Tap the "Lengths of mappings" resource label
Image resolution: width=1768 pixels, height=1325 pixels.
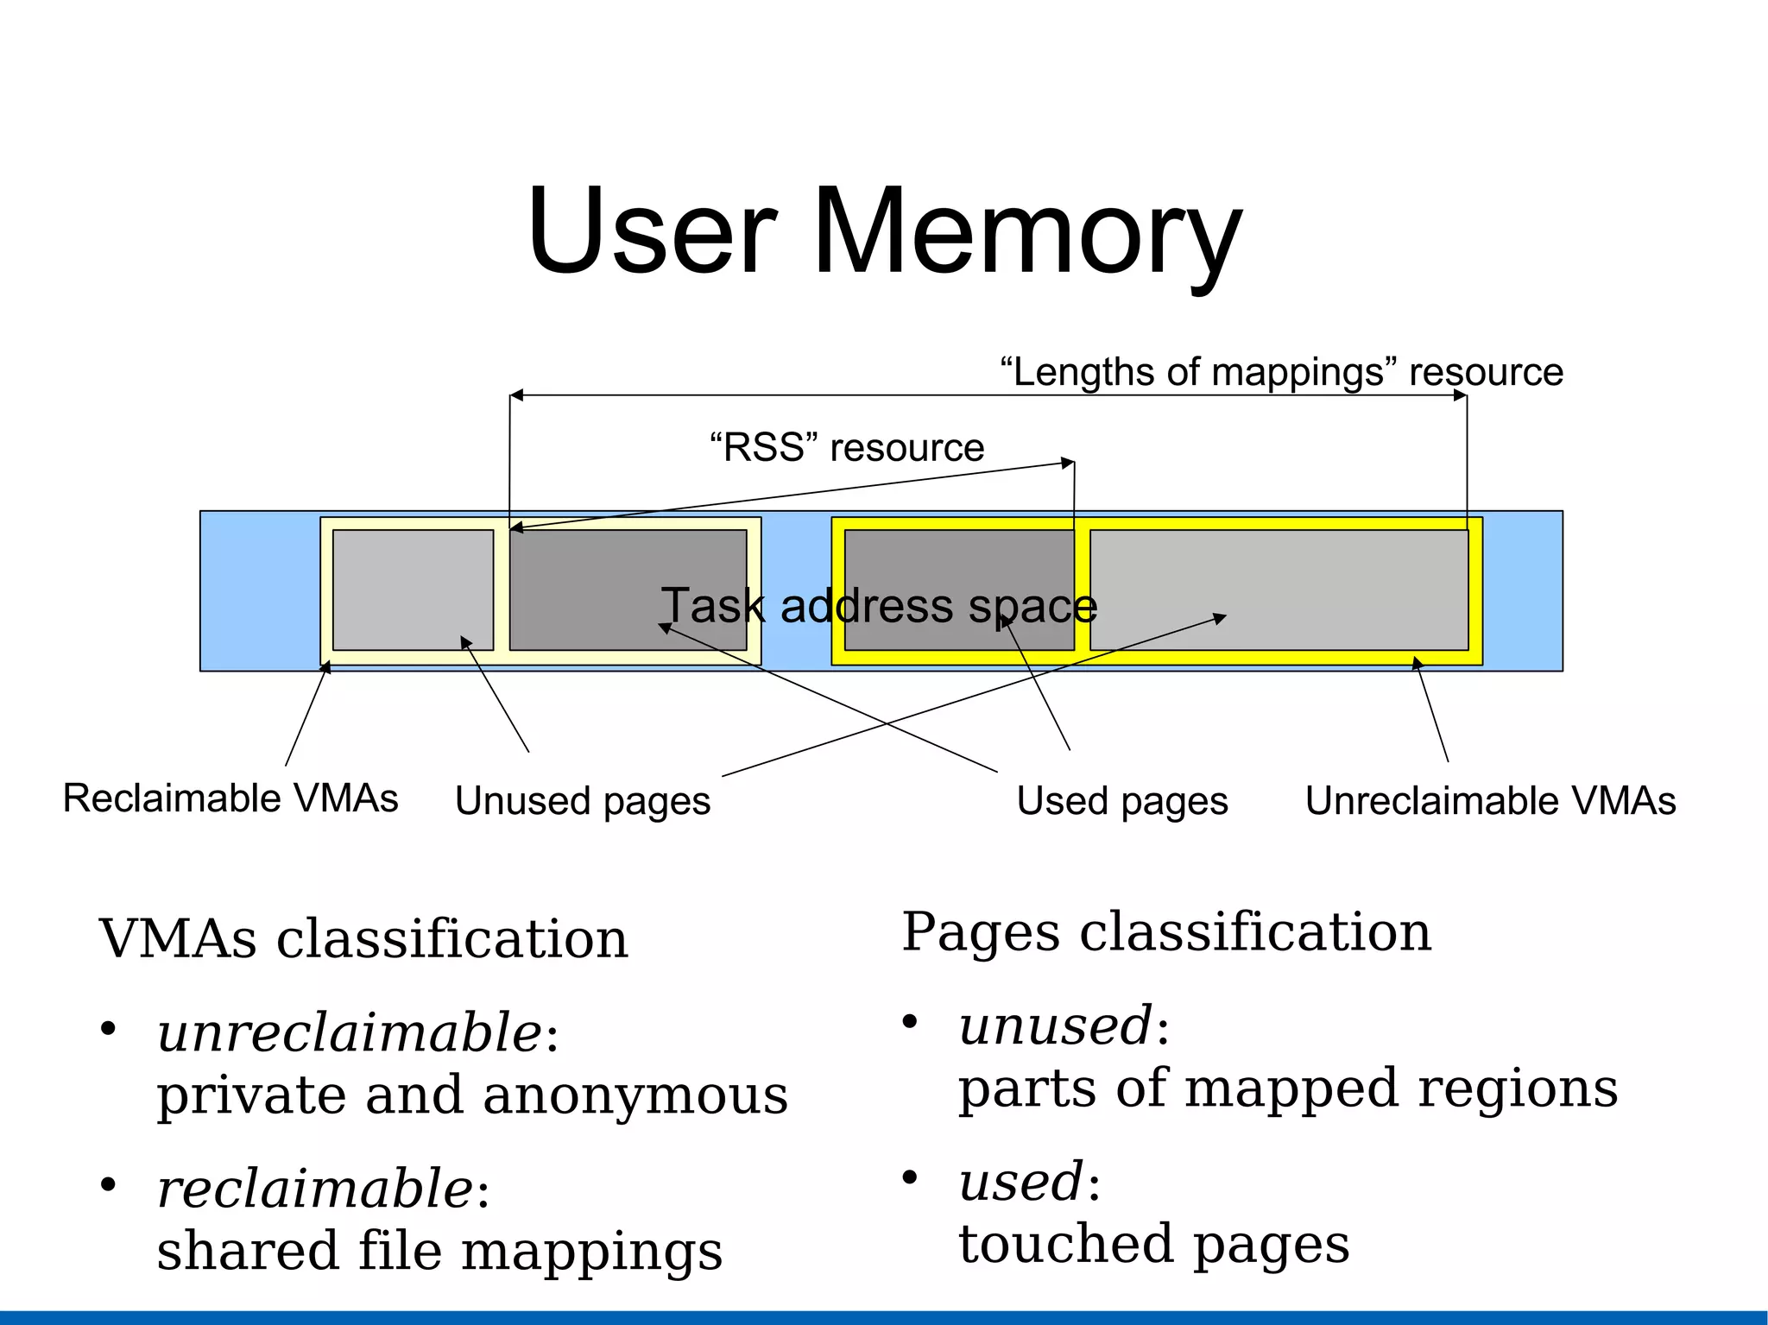coord(1281,372)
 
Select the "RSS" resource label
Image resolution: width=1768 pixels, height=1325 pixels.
coord(846,447)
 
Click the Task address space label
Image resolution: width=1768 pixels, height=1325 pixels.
coord(879,606)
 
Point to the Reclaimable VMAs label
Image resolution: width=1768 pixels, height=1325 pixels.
coord(230,798)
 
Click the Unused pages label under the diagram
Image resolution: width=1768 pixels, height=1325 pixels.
coord(583,801)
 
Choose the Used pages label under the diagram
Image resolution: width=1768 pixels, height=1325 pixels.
coord(1122,801)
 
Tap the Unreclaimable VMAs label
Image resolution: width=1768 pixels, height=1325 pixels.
coord(1490,801)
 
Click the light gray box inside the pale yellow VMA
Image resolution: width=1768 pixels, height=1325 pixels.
coord(413,590)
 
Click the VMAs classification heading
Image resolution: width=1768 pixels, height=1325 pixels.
coord(363,939)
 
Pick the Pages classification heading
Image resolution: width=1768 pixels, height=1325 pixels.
coord(1166,932)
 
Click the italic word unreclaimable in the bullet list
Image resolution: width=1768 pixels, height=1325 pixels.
coord(350,1033)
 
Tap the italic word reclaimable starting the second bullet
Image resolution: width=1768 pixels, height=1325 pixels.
coord(315,1189)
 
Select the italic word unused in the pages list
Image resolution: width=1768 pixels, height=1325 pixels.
coord(1055,1026)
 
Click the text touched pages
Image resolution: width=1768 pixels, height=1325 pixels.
coord(1153,1245)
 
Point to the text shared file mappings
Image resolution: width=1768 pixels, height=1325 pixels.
coord(439,1252)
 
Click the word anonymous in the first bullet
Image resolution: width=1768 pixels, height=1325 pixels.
coord(635,1095)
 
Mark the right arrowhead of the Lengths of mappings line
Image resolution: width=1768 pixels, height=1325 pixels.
coord(1461,395)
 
